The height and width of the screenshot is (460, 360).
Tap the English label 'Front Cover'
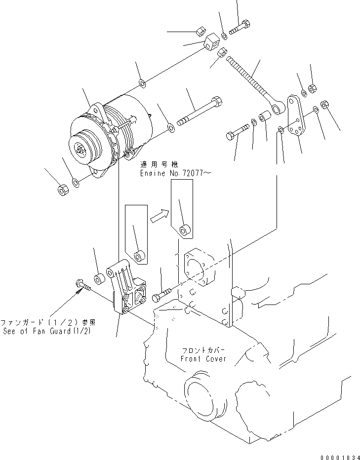click(203, 359)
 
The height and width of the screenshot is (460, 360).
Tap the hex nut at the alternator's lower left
click(63, 190)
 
